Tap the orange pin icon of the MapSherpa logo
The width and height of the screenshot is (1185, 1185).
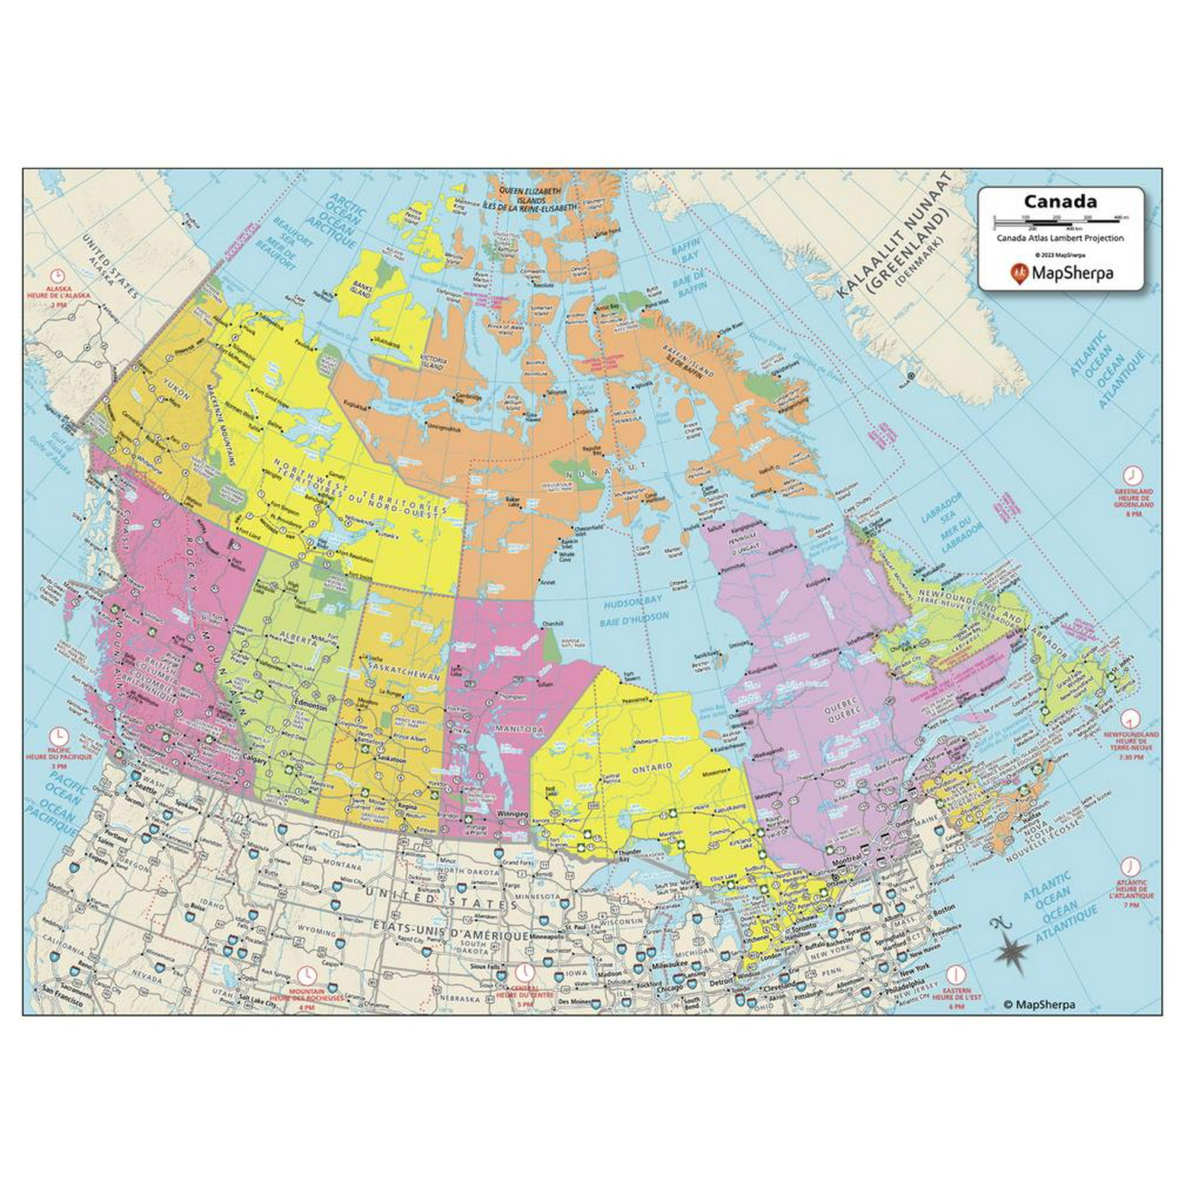[x=1017, y=273]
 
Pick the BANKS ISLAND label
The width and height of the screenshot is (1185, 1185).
[x=359, y=290]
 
